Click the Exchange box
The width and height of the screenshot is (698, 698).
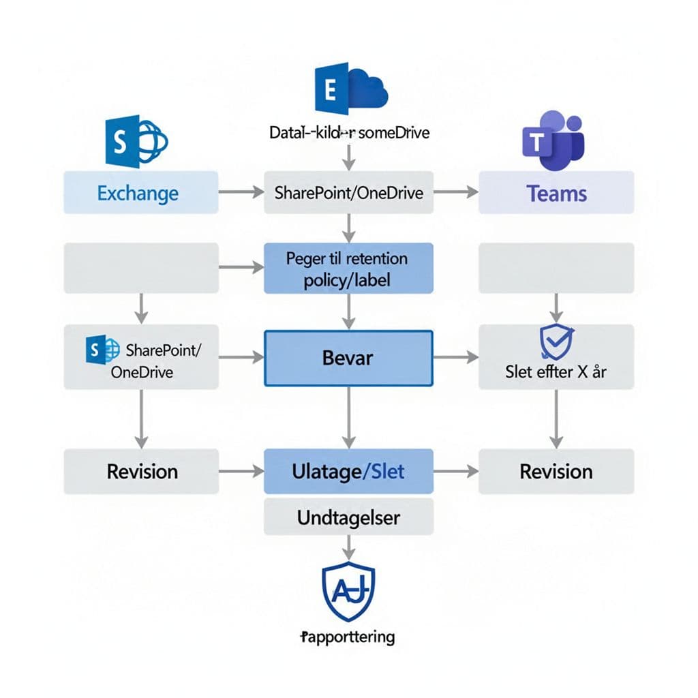coord(141,192)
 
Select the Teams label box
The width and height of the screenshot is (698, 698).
coord(556,192)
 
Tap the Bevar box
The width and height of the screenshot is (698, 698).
coord(348,358)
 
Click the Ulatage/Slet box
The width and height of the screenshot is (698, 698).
coord(348,471)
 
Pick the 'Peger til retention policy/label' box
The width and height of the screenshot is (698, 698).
coord(348,269)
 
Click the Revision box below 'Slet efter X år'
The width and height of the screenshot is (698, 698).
coord(556,471)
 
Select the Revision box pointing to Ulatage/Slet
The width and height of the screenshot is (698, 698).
coord(141,471)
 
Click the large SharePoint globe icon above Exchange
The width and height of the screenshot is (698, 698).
coord(136,141)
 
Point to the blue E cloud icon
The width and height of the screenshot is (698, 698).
coord(350,88)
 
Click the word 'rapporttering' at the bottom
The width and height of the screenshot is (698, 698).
coord(348,637)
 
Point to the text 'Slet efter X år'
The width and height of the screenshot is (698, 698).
coord(556,372)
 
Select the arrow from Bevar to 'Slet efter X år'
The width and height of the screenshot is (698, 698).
coord(456,357)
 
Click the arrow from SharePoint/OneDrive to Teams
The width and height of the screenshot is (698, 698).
coord(456,193)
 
